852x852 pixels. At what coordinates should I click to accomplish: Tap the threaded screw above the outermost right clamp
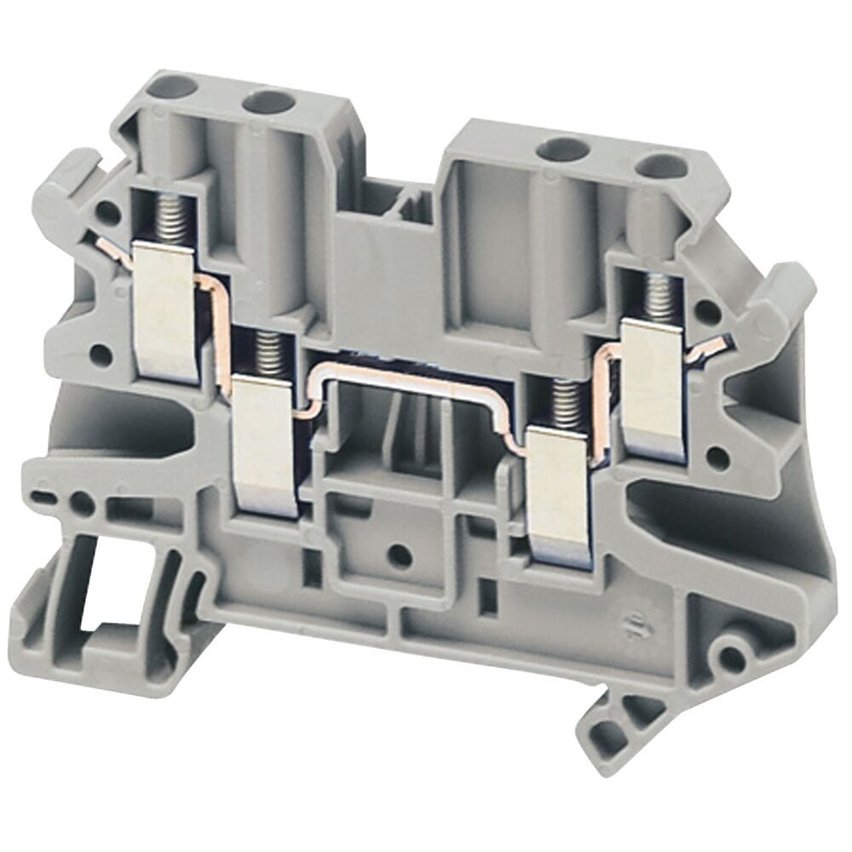coord(658,297)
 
